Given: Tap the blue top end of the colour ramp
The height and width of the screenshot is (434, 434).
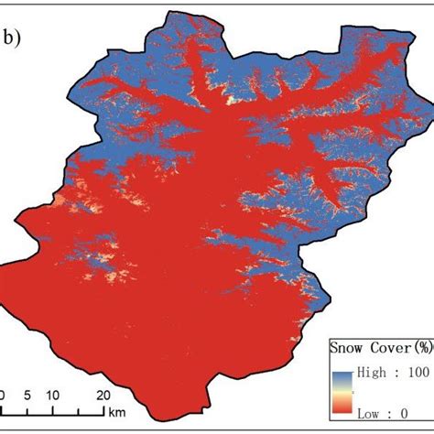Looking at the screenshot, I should coord(344,370).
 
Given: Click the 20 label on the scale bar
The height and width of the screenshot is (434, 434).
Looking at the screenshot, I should coord(103,395).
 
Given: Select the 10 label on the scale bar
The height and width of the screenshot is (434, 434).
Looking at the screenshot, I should coord(53,395).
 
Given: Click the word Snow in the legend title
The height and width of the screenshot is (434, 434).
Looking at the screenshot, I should coord(351,349).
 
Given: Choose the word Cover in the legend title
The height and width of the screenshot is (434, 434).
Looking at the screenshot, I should coord(388,349).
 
